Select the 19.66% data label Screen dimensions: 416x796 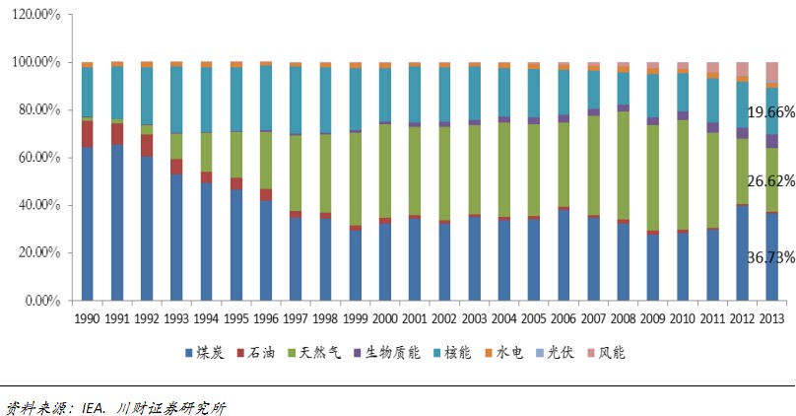coord(767,112)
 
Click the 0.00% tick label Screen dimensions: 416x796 coord(47,300)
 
